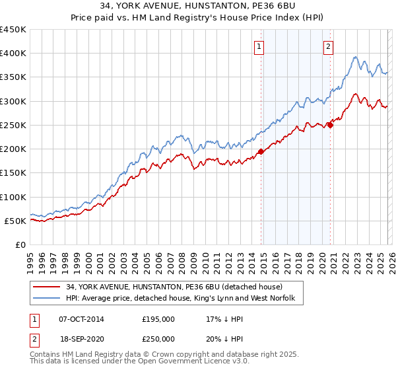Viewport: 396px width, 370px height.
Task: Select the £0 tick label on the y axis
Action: tap(20, 244)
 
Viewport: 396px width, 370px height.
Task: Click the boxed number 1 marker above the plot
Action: tap(259, 47)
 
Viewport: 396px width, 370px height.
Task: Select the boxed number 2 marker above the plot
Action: tap(328, 47)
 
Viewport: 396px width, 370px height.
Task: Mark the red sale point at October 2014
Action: tap(261, 151)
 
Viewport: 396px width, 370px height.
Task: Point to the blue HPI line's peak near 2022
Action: tap(355, 57)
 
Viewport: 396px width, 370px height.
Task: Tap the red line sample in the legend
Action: tap(47, 287)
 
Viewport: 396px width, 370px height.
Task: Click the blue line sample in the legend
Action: tap(47, 299)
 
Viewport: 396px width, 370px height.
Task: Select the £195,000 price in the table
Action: tap(158, 318)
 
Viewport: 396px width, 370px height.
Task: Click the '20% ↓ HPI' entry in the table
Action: tap(224, 338)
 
